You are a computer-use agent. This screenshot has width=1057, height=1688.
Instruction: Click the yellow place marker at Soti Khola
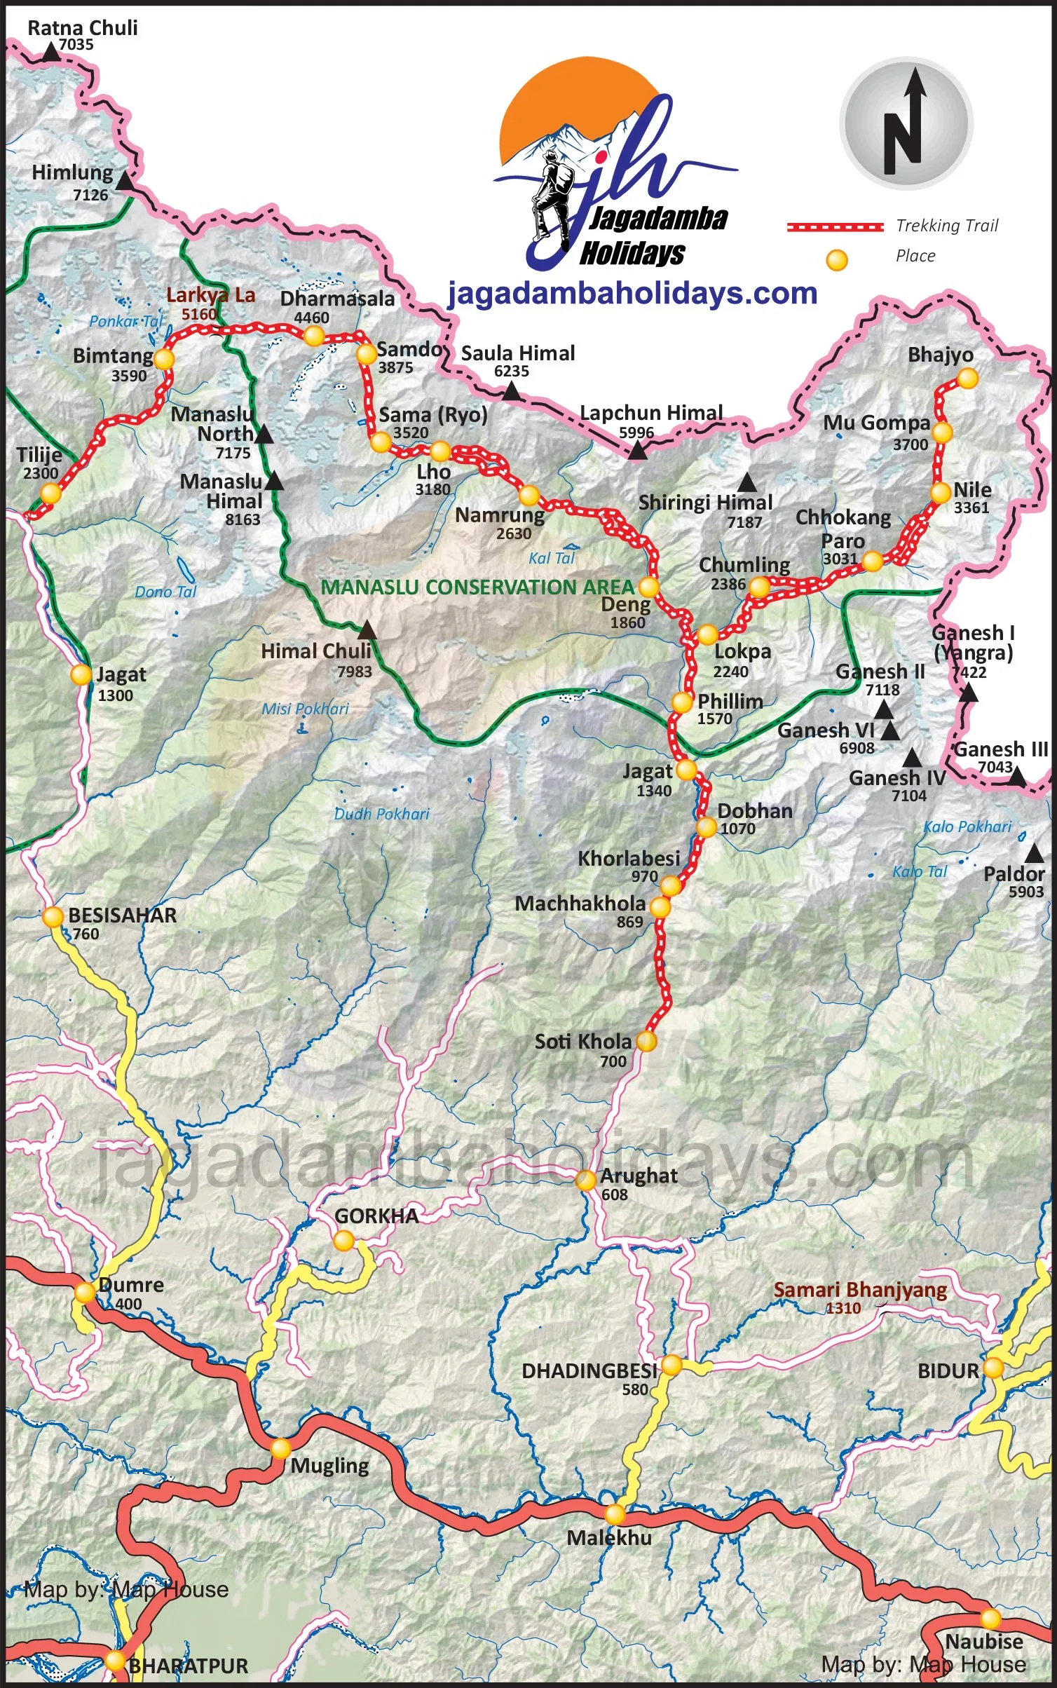[646, 1041]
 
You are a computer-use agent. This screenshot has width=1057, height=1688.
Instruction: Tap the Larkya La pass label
[210, 295]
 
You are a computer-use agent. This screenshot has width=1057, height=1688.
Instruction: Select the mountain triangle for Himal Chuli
[367, 630]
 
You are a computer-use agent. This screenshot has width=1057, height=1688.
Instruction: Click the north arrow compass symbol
[906, 123]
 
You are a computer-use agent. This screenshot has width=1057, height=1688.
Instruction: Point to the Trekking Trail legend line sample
[835, 226]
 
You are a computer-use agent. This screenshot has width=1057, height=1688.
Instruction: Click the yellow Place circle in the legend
[836, 260]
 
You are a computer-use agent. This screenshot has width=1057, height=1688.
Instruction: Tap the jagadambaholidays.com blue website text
[632, 293]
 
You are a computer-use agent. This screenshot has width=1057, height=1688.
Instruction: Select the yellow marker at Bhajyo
[967, 379]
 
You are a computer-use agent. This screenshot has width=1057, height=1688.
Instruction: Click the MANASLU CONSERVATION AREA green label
[477, 587]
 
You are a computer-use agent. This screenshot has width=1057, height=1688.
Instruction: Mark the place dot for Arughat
[585, 1180]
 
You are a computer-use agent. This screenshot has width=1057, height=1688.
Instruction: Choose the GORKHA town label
[376, 1216]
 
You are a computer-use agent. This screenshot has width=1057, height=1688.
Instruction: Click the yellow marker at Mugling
[280, 1448]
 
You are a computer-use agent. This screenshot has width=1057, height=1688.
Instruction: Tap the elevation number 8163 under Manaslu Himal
[243, 519]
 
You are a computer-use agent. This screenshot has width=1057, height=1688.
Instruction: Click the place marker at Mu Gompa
[942, 433]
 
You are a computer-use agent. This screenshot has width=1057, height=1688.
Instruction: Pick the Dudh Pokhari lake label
[381, 814]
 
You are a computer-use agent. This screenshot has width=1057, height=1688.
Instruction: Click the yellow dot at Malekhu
[615, 1514]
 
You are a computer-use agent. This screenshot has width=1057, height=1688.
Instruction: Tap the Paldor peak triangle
[1034, 854]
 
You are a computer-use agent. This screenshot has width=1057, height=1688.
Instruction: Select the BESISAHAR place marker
[53, 917]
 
